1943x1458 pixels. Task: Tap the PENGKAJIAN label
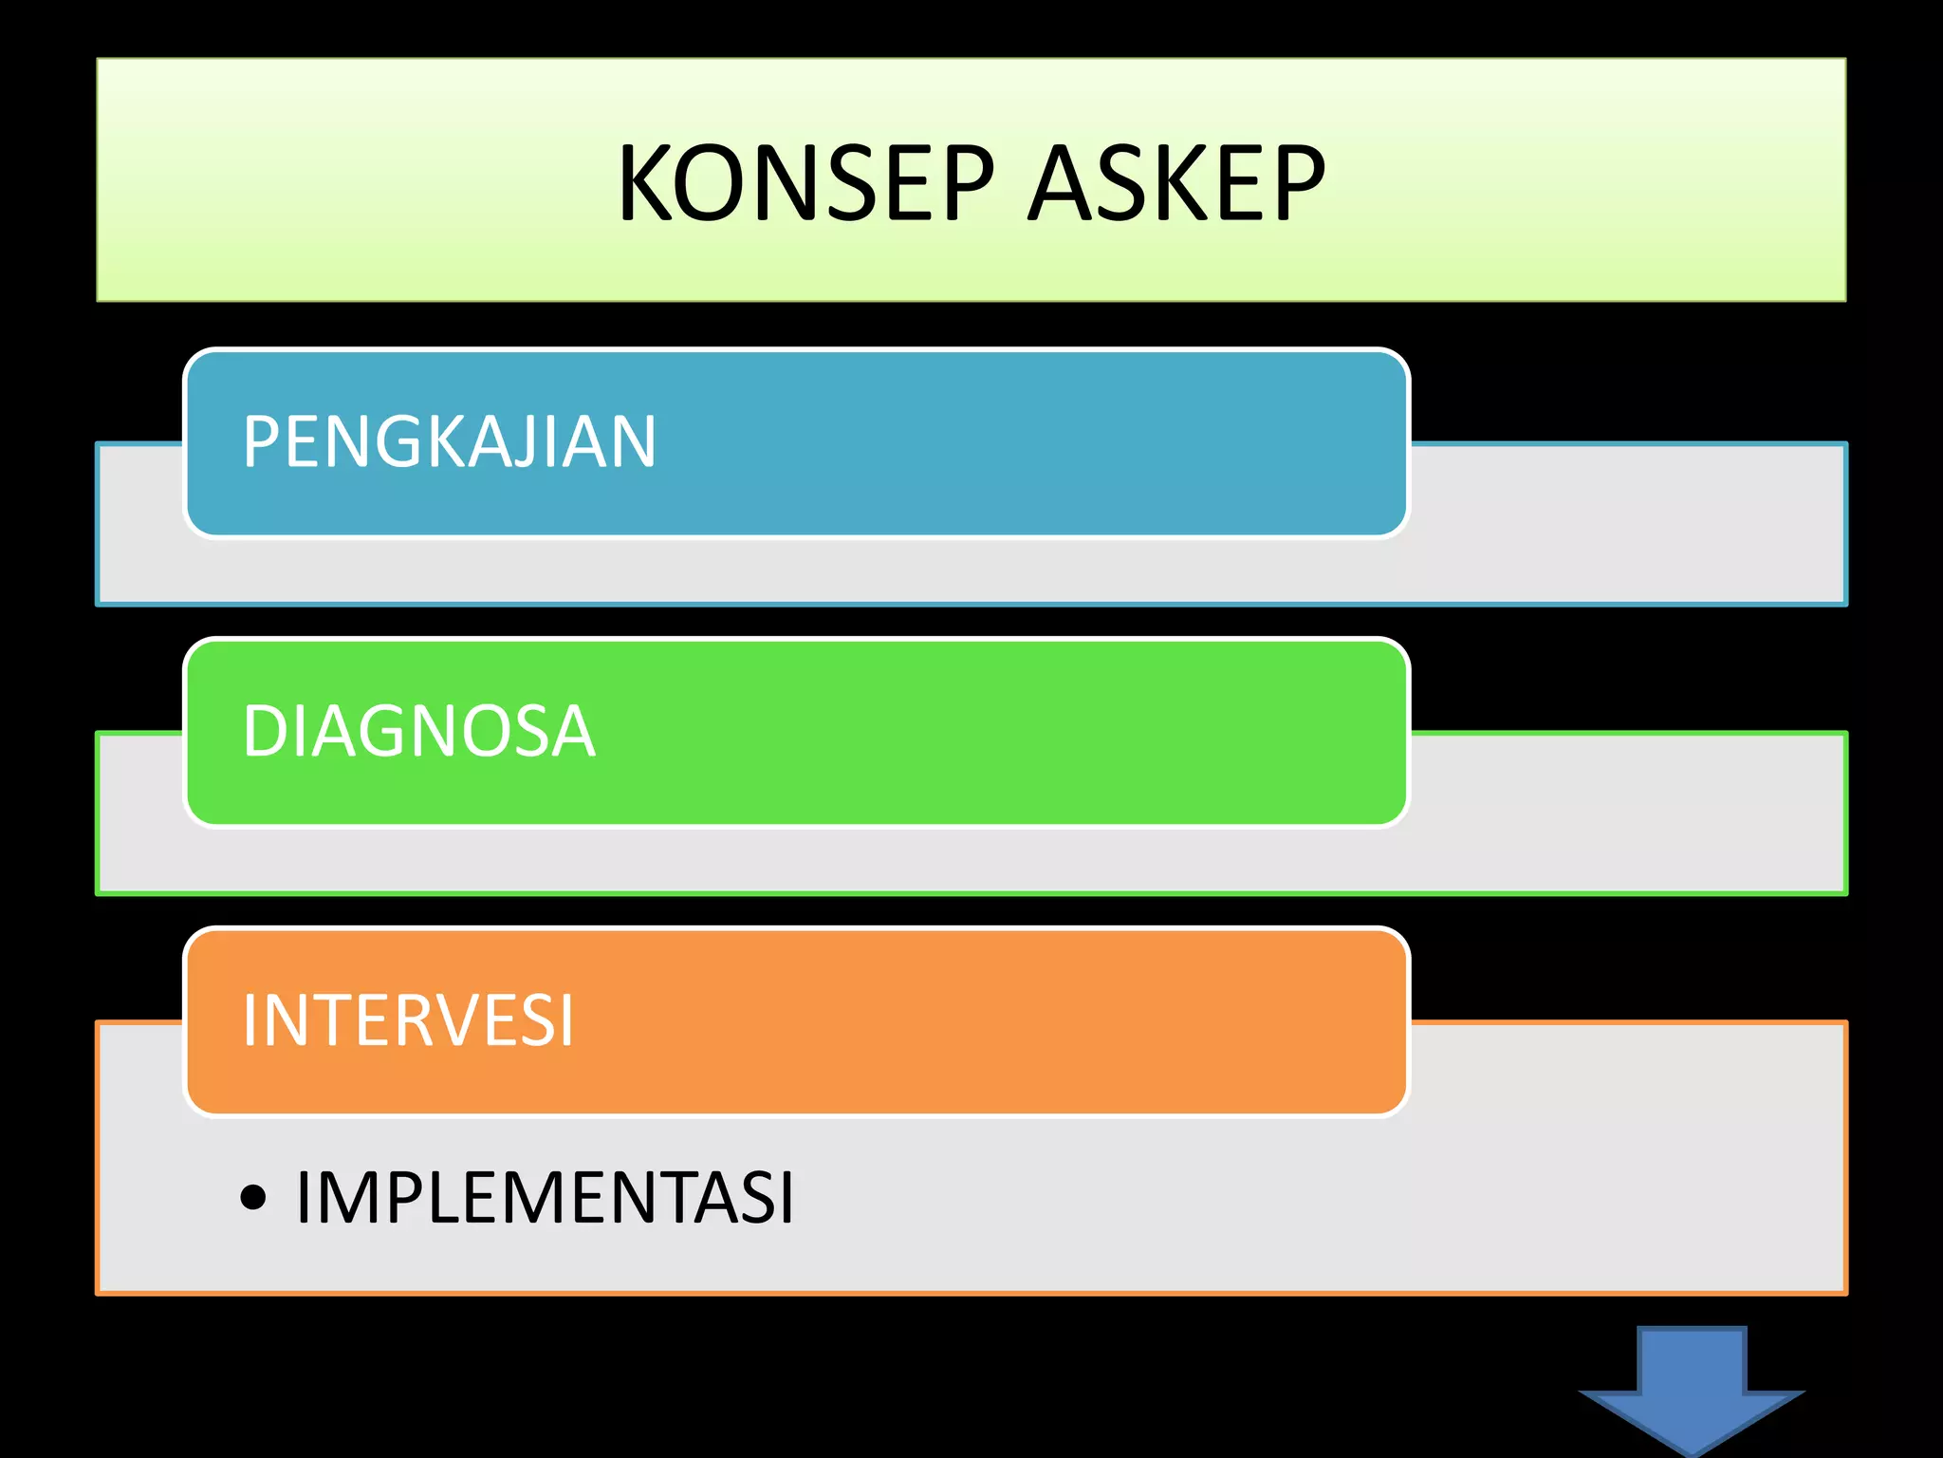click(x=449, y=442)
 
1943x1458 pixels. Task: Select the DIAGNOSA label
click(x=418, y=732)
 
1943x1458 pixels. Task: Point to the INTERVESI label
click(x=408, y=1021)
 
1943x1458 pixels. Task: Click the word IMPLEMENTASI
click(x=545, y=1198)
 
